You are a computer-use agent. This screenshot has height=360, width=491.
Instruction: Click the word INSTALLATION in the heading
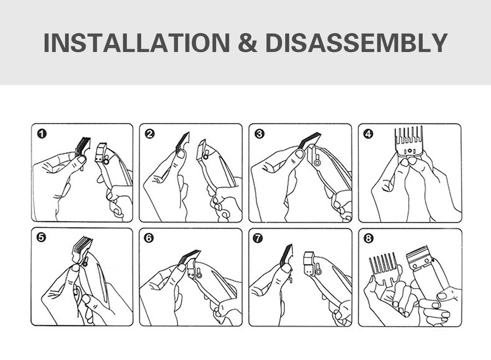pos(137,43)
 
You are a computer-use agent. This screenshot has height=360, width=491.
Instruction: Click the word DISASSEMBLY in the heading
pos(356,43)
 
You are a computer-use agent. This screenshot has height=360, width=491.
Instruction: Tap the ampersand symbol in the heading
pos(248,43)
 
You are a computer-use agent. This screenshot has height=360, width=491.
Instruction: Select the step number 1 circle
pos(42,134)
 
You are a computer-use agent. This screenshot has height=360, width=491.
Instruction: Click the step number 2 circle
pos(150,134)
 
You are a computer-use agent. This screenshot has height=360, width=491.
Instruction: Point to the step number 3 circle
pos(260,134)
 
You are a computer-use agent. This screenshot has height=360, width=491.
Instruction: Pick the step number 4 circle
pos(369,134)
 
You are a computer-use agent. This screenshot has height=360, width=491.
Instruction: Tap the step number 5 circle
pos(41,238)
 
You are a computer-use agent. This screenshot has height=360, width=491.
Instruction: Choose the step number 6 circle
pos(149,238)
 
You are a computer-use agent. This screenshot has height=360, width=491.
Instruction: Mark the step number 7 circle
pos(258,238)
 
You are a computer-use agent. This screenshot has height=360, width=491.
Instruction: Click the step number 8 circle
pos(368,238)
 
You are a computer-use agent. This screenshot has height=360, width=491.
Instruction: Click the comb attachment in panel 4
pos(409,141)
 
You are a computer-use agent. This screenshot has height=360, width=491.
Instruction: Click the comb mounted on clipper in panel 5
pos(81,251)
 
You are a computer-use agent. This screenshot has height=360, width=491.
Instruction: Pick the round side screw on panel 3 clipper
pos(317,163)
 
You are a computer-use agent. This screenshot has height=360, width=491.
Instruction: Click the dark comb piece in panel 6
pos(189,257)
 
